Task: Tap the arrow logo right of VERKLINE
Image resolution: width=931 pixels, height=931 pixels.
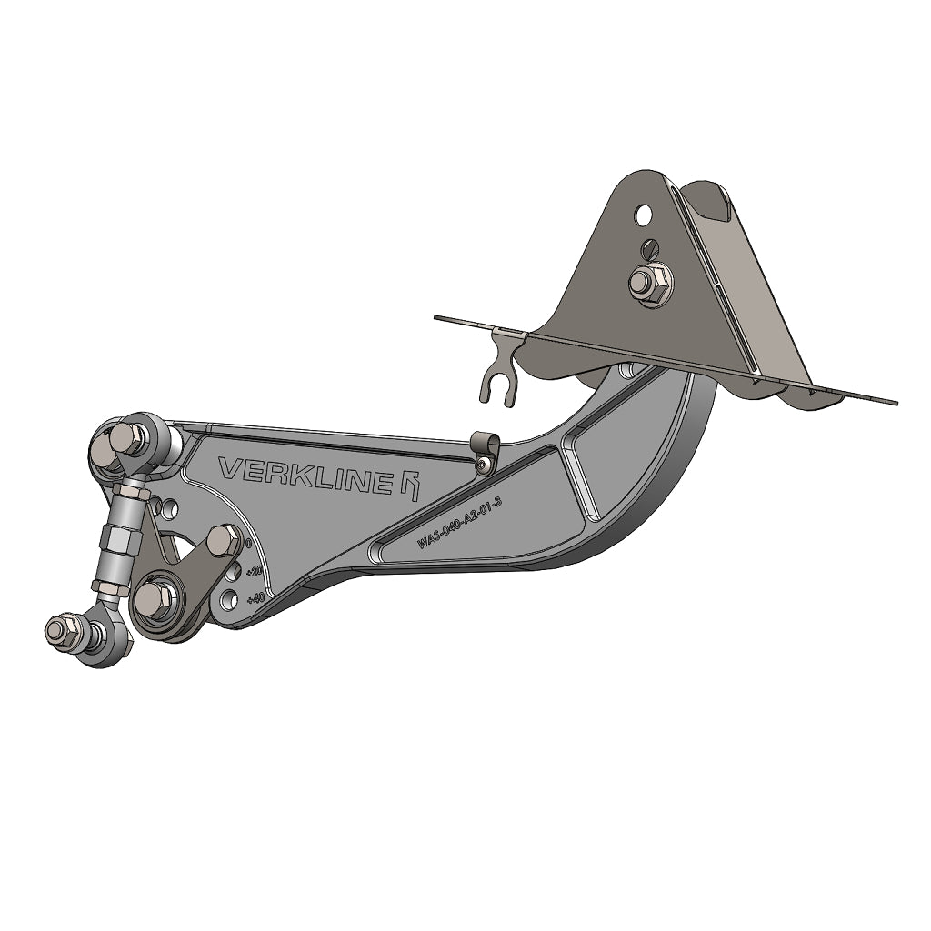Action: coord(411,485)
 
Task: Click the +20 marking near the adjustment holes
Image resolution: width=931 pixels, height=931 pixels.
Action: coord(255,570)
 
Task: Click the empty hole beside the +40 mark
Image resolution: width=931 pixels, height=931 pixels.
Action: coord(231,598)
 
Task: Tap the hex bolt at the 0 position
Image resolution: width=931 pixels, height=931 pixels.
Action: coord(223,541)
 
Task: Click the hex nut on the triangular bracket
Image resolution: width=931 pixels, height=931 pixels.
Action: coord(652,283)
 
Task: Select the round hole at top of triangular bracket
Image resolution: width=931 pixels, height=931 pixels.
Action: coord(644,215)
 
